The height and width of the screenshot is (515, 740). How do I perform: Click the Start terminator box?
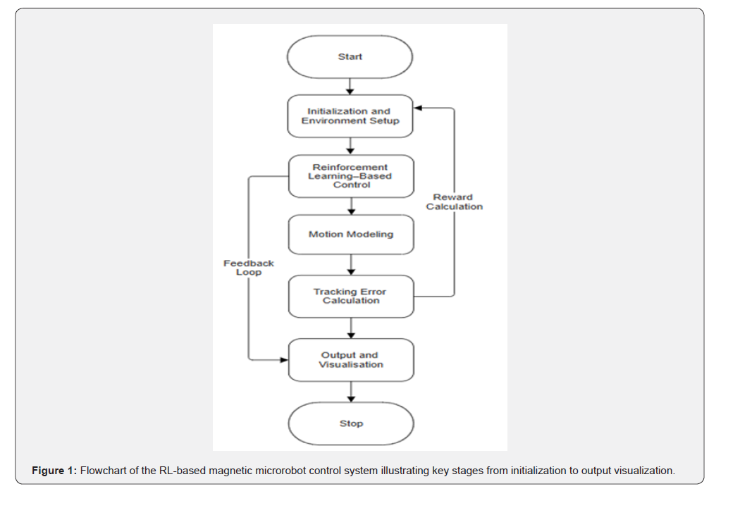[x=350, y=56]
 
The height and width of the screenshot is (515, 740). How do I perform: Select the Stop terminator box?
[x=351, y=423]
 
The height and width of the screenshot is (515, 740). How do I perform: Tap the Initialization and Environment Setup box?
[x=350, y=116]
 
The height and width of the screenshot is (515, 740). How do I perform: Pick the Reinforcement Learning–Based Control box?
[x=351, y=176]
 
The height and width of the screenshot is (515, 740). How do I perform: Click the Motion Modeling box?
[x=351, y=235]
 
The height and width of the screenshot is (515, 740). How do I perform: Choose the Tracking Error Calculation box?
[x=351, y=296]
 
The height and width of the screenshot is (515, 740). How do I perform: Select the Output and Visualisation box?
[x=351, y=360]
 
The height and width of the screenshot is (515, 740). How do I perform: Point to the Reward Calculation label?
[x=454, y=202]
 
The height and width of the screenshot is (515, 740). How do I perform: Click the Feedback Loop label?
[x=249, y=268]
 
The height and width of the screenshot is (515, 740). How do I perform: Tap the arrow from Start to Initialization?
[x=350, y=87]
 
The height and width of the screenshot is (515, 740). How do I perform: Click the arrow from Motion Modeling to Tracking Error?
[x=351, y=265]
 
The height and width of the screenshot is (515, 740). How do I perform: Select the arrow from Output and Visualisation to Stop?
[x=351, y=392]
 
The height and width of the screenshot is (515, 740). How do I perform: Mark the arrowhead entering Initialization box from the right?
[x=418, y=108]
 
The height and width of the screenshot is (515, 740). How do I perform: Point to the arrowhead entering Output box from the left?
[x=284, y=360]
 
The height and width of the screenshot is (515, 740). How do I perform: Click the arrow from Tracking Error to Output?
[x=351, y=328]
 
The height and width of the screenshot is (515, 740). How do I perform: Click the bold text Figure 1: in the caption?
[x=54, y=471]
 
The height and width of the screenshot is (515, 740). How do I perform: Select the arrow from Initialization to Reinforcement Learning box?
[x=350, y=147]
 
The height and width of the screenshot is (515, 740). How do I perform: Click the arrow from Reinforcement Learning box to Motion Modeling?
[x=351, y=206]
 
